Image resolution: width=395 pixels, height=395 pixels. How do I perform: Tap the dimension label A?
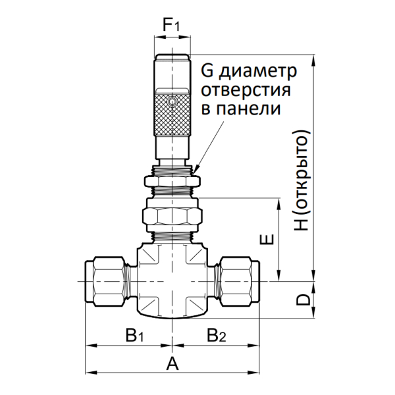pyautogui.click(x=172, y=363)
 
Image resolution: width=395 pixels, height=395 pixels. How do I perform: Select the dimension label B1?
pyautogui.click(x=135, y=336)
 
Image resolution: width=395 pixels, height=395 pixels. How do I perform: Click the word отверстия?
pyautogui.click(x=248, y=90)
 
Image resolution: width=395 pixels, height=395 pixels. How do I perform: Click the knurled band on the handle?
pyautogui.click(x=172, y=113)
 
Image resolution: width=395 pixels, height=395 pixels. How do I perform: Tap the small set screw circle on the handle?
pyautogui.click(x=172, y=103)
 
